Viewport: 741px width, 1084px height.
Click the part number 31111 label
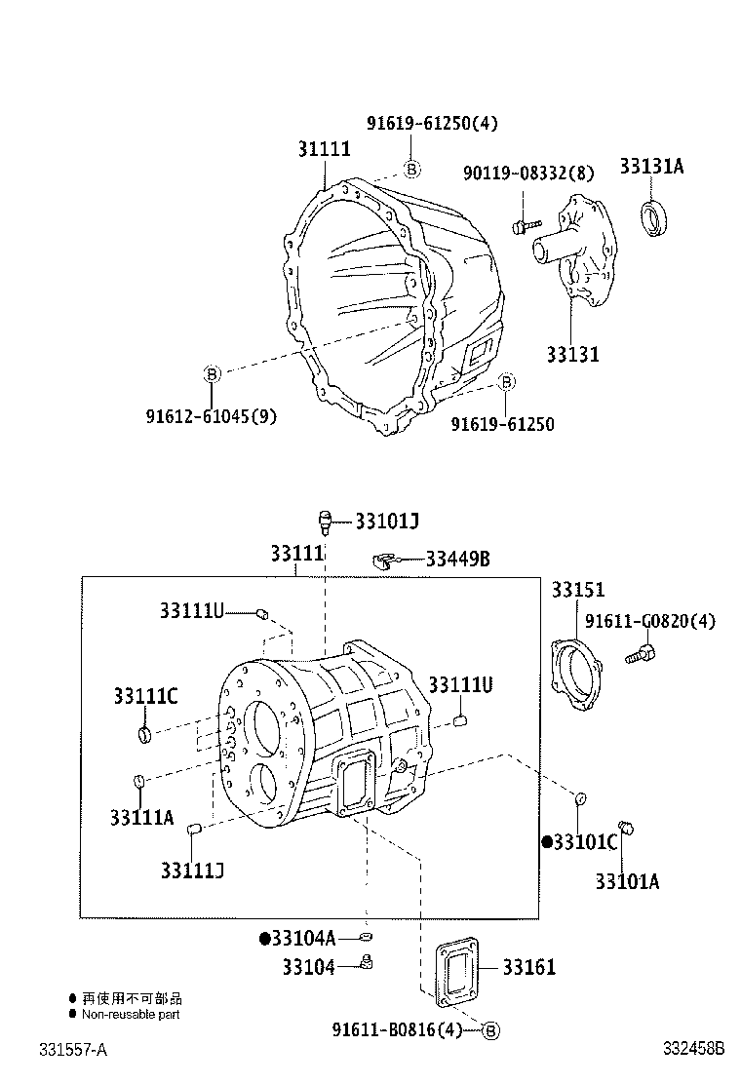324,149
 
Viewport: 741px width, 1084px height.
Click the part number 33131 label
572,354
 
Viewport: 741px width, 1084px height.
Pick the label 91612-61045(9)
212,416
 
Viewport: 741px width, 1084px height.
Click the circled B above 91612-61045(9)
212,372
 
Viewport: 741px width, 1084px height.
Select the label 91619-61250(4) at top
432,123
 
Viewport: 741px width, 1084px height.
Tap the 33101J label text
386,521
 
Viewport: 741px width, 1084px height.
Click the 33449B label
456,559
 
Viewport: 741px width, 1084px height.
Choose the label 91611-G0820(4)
649,621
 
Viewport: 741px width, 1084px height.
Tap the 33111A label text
141,816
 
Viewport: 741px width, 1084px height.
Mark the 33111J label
193,869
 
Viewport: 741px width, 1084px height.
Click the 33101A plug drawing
628,830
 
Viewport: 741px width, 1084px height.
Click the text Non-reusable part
130,1014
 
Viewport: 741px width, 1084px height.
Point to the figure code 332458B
693,1049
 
